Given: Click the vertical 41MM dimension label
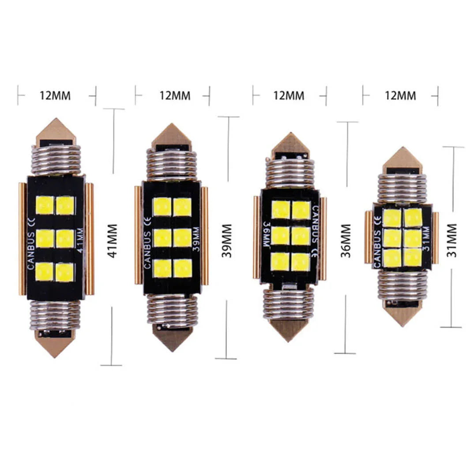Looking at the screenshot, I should pyautogui.click(x=113, y=241).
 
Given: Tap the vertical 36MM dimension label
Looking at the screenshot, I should pyautogui.click(x=346, y=241).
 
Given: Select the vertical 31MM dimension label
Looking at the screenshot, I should pyautogui.click(x=452, y=240).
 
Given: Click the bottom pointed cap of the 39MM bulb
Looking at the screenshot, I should pyautogui.click(x=172, y=338).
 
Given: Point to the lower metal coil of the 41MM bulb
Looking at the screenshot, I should pyautogui.click(x=55, y=315).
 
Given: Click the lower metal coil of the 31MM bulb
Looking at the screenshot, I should pyautogui.click(x=402, y=285).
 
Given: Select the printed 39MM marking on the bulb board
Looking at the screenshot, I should pyautogui.click(x=196, y=238).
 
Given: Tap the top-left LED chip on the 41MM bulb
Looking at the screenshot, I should pyautogui.click(x=45, y=205).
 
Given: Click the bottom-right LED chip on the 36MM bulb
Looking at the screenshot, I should pyautogui.click(x=300, y=262).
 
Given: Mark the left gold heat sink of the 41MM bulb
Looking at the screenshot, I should pyautogui.click(x=22, y=239).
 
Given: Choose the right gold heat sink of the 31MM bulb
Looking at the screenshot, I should pyautogui.click(x=435, y=237).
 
